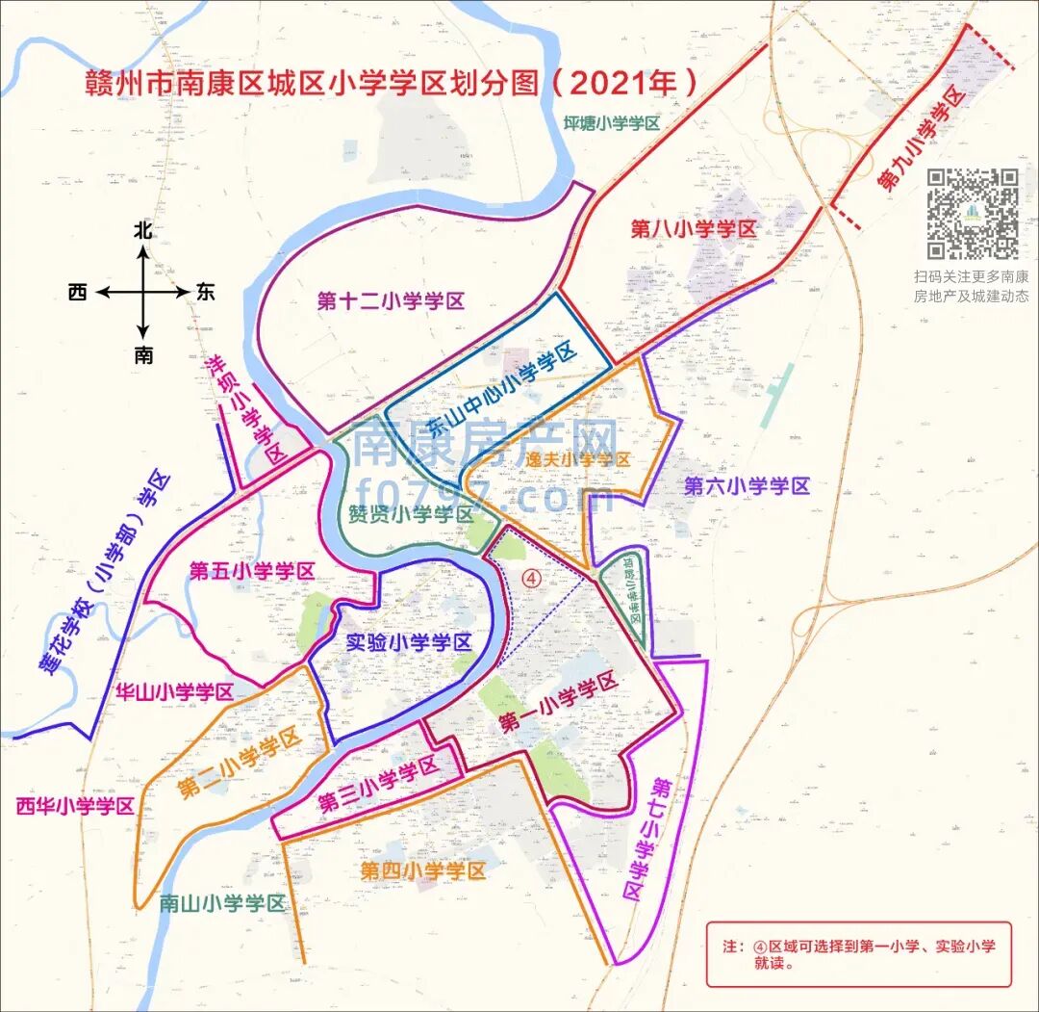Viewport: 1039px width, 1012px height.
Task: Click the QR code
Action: (973, 214)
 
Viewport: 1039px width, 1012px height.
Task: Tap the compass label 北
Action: (143, 231)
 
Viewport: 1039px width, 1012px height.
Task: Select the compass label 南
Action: (143, 355)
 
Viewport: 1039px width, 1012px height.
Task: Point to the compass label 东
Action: (205, 293)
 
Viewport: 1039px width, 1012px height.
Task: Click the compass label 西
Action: (78, 293)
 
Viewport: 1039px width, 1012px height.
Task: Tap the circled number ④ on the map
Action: (532, 576)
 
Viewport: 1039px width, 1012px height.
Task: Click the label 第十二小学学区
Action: (391, 301)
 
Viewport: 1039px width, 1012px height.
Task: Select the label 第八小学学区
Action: (694, 229)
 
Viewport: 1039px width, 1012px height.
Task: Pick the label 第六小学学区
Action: (747, 486)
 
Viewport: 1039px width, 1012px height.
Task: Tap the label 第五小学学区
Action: (251, 571)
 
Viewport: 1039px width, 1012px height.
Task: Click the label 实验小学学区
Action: (408, 643)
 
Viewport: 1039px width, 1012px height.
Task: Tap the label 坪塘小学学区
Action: (612, 123)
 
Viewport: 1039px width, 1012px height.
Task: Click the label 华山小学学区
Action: (174, 691)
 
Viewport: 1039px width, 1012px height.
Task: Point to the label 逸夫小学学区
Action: (577, 459)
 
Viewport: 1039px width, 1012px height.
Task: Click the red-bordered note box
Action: (858, 953)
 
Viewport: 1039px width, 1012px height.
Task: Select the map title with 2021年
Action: (390, 83)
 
